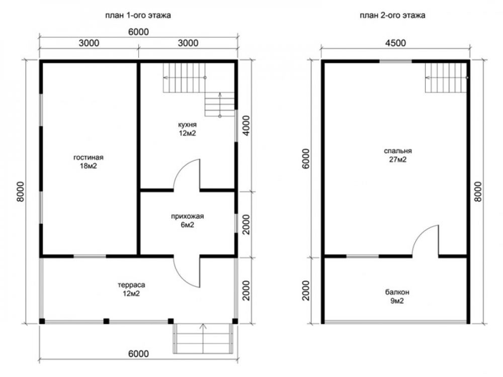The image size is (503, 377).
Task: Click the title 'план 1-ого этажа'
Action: pos(138,16)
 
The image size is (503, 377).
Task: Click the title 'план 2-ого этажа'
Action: pos(392,16)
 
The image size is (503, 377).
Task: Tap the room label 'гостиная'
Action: pos(89,158)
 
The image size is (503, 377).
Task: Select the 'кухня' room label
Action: pos(187,125)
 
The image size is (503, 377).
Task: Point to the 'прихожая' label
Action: pos(187,216)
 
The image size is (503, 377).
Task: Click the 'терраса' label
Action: pos(131,285)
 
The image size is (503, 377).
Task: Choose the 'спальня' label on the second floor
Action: pos(398,151)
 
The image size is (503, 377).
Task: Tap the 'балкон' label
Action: pos(397,293)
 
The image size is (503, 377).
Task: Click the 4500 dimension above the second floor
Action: pos(395,43)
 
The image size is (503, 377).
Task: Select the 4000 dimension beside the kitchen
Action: pos(246,126)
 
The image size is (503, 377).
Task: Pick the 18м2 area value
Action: pos(89,166)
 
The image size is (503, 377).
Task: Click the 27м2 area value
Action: pos(398,159)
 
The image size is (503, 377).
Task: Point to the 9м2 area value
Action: pos(397,301)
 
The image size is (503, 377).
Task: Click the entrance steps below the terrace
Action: pos(203,338)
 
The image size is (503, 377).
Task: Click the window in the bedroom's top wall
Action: pos(395,61)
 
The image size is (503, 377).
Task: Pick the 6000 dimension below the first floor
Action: pos(139,353)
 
